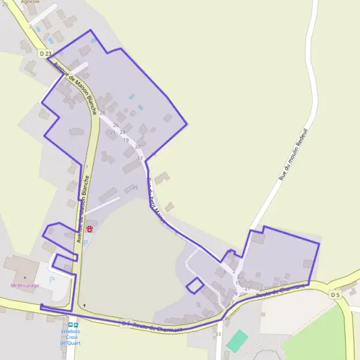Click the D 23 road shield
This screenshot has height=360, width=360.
click(45, 54)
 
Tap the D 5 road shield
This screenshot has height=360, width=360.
click(335, 295)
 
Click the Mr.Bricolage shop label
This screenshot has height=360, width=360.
click(25, 286)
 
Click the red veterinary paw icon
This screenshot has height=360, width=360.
click(90, 229)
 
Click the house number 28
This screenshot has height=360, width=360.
click(102, 113)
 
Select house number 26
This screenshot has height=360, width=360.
click(116, 125)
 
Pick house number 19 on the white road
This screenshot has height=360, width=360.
click(125, 140)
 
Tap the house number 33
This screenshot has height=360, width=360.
click(218, 334)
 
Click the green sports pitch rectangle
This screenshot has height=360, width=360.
click(236, 341)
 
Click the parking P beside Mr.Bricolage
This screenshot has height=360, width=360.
click(52, 280)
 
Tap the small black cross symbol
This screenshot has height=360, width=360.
click(85, 305)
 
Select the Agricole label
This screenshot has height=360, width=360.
click(30, 2)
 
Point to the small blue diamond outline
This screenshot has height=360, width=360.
click(194, 286)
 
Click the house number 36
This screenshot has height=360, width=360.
click(227, 318)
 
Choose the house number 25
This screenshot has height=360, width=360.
click(5, 4)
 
